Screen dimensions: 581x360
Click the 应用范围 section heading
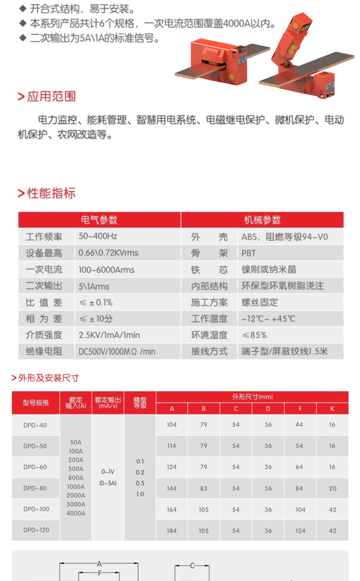[x=51, y=96]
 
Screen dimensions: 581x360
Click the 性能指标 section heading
[x=51, y=193]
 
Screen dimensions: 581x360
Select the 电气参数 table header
[x=99, y=220]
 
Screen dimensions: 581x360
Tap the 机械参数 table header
[x=262, y=220]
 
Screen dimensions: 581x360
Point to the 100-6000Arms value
[x=106, y=270]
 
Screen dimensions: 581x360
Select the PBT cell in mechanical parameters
[x=249, y=253]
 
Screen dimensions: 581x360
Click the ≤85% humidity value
[x=254, y=335]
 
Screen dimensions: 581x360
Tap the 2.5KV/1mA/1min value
[x=109, y=335]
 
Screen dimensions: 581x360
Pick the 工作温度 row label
[x=209, y=319]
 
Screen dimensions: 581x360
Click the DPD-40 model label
[x=35, y=425]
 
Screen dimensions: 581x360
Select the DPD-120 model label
[x=36, y=530]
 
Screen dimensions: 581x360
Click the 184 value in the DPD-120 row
[x=172, y=530]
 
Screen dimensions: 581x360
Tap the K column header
[x=332, y=409]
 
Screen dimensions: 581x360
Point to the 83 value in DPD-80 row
[x=204, y=488]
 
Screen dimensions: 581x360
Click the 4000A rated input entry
[x=76, y=513]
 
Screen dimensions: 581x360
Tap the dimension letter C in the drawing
[x=192, y=565]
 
